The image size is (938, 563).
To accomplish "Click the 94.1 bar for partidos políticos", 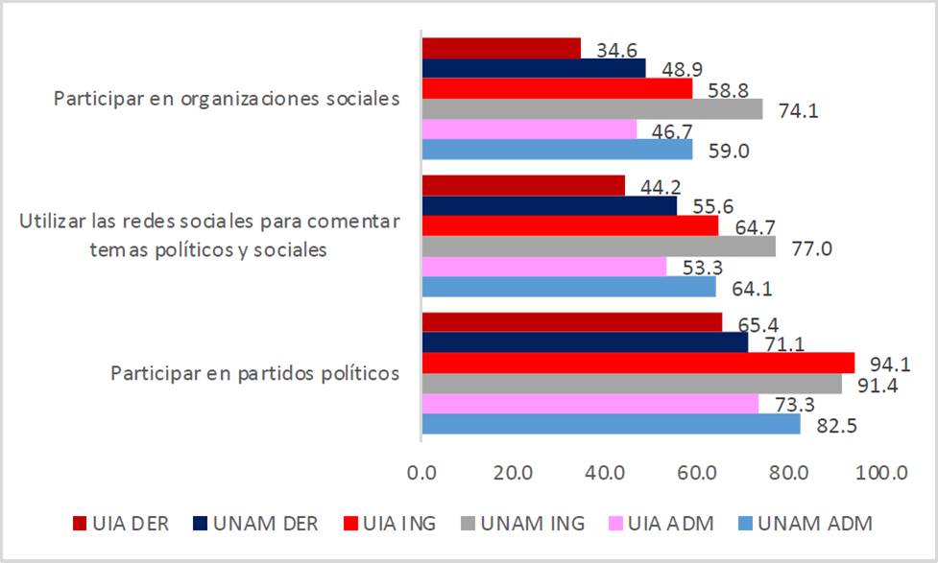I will (638, 363).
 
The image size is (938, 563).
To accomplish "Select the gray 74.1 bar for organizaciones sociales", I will (592, 108).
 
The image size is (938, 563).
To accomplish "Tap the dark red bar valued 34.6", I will (501, 48).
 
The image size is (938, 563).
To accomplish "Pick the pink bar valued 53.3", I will (544, 266).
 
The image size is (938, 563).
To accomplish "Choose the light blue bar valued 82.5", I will (612, 423).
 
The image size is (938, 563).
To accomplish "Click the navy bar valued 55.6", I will (549, 204).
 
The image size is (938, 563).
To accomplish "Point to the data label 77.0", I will (811, 247).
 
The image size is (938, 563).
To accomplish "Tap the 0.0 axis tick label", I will (421, 472).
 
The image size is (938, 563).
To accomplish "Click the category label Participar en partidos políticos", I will (255, 372).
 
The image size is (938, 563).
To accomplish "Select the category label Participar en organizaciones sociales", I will (227, 99).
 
